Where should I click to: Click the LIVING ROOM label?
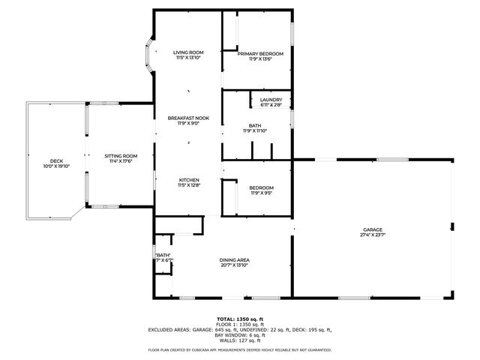tap(187, 52)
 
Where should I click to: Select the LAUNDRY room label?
tap(271, 100)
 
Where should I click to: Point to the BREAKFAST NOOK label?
tap(187, 118)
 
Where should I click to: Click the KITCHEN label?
tap(187, 179)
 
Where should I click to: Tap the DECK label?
tap(56, 160)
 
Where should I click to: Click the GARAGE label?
tap(373, 229)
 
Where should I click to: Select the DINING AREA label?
tap(235, 259)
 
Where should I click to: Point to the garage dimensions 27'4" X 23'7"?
tap(373, 235)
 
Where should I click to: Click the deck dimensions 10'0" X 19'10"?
tap(56, 166)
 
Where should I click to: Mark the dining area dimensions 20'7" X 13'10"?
tap(235, 265)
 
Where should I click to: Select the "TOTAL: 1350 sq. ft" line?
tap(240, 319)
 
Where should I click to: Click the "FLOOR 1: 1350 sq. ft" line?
tap(240, 324)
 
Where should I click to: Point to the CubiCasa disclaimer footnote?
tap(240, 349)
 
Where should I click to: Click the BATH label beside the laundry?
tap(255, 125)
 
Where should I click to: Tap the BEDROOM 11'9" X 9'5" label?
tap(261, 187)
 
